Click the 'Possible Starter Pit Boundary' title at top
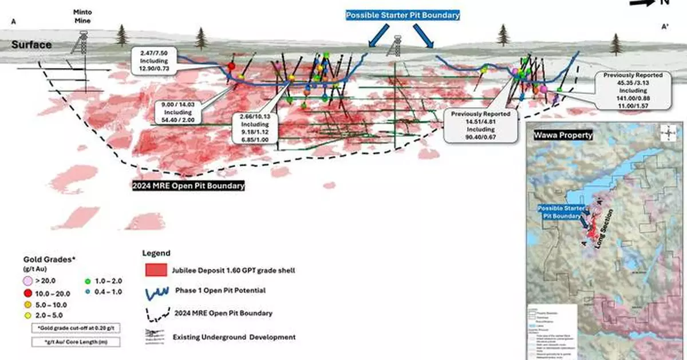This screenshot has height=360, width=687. (x=402, y=15)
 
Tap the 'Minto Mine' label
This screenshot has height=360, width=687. (x=83, y=16)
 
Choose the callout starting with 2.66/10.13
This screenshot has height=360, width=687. (x=251, y=128)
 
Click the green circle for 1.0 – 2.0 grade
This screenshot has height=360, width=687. (x=88, y=280)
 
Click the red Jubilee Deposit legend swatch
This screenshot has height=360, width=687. (x=155, y=270)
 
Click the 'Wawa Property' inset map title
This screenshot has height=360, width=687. (x=563, y=136)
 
